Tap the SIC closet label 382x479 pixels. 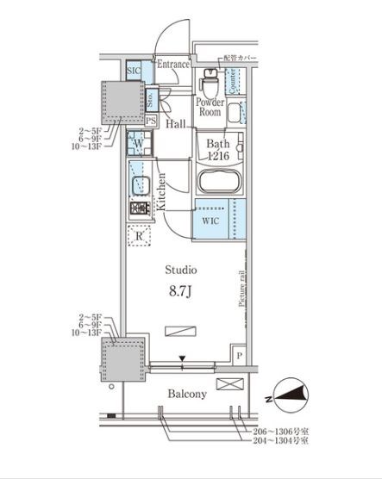tap(134, 71)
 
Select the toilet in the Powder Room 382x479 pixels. tap(208, 85)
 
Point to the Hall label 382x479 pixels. tap(177, 125)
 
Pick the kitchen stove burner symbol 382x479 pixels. tap(138, 208)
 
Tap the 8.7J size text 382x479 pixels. tap(180, 290)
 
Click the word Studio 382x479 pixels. tap(180, 270)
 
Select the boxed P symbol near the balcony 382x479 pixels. tap(239, 354)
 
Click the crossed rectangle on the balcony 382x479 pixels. tap(228, 383)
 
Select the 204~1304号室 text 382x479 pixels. tap(279, 440)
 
